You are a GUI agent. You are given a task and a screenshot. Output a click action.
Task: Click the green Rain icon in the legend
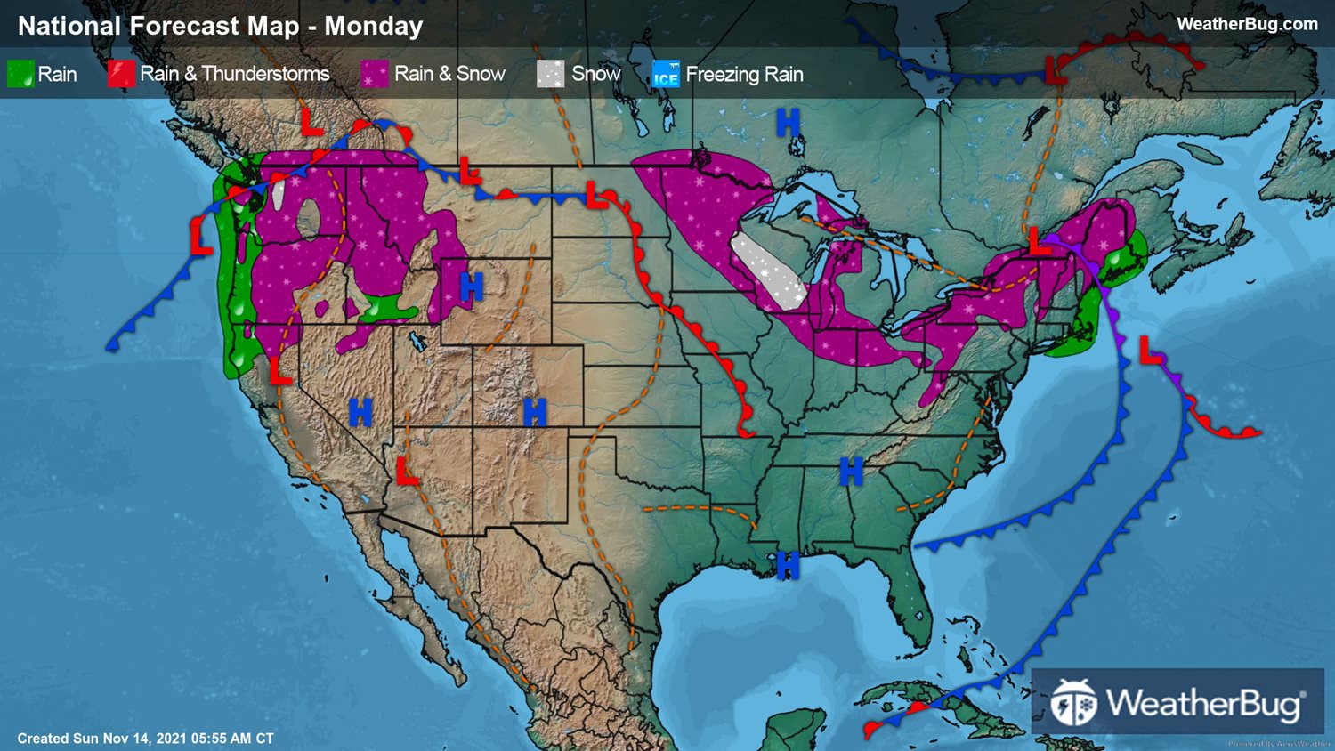(20, 74)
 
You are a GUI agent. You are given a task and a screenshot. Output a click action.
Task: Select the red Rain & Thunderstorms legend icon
(121, 74)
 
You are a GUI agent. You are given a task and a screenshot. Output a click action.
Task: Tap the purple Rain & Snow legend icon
(375, 74)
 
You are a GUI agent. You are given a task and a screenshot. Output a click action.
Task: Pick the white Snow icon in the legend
(550, 74)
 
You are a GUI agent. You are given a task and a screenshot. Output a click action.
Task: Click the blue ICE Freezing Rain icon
(666, 74)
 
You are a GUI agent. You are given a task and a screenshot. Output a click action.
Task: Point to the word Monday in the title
(373, 26)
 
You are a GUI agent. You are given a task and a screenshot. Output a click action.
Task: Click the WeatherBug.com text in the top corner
(1246, 24)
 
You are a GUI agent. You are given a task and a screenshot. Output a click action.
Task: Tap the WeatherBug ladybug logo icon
(1073, 703)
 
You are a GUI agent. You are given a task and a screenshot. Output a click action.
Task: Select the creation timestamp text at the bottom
(145, 739)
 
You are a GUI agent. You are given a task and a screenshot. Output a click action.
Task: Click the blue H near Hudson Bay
(788, 122)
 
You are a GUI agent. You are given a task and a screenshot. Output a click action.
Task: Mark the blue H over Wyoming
(471, 287)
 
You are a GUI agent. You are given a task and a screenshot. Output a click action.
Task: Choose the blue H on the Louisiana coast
(787, 564)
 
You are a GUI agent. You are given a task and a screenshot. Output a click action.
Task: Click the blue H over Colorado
(534, 412)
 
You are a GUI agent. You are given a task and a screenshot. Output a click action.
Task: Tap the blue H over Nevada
(360, 412)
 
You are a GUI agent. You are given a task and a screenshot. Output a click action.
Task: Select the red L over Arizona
(407, 471)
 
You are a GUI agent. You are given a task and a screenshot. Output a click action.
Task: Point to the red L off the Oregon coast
(201, 238)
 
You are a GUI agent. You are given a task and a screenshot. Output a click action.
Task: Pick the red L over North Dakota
(595, 195)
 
